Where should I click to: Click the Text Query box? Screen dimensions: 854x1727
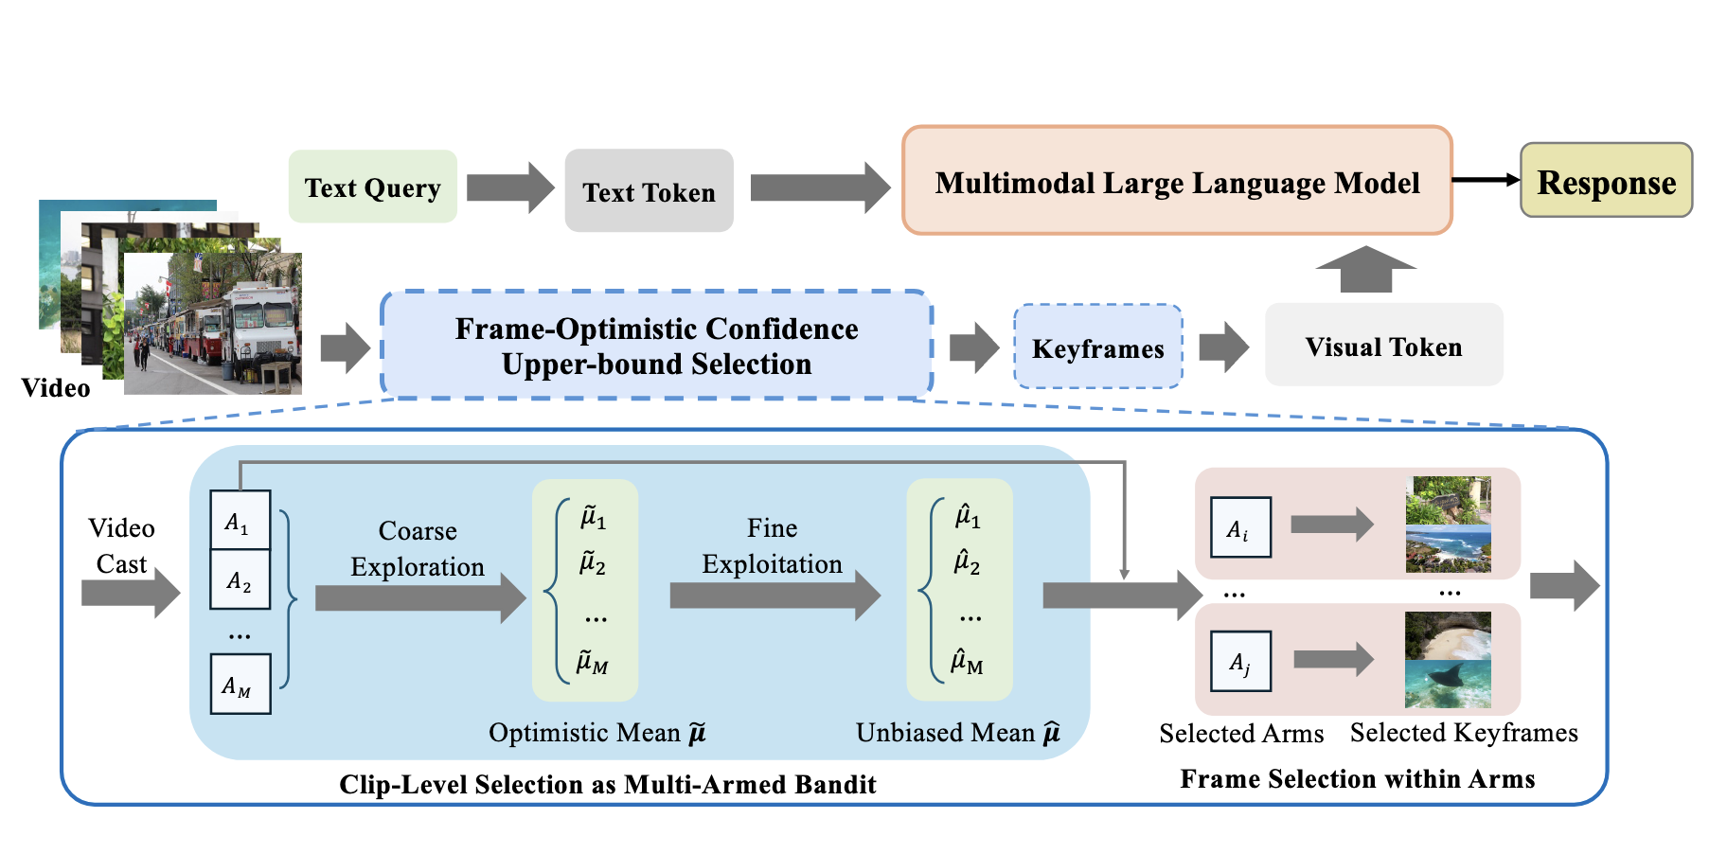pos(372,187)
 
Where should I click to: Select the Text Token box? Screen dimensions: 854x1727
pos(649,190)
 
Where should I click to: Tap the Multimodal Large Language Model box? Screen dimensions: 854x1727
pos(1177,181)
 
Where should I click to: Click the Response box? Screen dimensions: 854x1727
pos(1606,181)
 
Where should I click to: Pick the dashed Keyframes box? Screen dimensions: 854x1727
pos(1097,347)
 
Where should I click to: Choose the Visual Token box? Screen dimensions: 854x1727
pos(1383,346)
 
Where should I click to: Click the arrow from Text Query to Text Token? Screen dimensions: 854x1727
pos(510,187)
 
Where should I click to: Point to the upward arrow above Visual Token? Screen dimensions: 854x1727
pos(1365,270)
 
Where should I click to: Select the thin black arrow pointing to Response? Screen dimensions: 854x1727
pos(1486,180)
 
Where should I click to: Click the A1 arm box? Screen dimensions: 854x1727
pos(240,520)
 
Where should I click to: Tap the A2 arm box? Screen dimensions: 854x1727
pos(240,579)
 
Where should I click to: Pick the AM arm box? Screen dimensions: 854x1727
pos(240,684)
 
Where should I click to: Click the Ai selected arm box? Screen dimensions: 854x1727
pos(1240,527)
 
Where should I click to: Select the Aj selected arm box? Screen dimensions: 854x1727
pos(1240,661)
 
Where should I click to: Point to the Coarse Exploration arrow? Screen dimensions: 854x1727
pos(419,597)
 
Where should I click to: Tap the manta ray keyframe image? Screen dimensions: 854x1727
pos(1448,684)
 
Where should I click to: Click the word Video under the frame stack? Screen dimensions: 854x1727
pos(56,388)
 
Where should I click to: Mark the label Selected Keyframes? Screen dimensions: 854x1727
pos(1463,733)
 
